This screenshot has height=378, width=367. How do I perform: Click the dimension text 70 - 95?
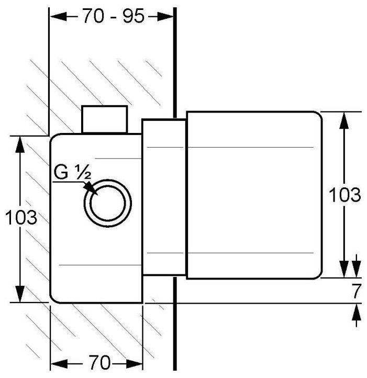pos(113,16)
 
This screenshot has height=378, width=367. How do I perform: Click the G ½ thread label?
pos(72,172)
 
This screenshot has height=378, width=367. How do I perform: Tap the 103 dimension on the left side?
pos(21,217)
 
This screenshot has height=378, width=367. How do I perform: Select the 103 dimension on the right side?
pos(345,195)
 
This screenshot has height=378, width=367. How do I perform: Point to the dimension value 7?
pos(357,291)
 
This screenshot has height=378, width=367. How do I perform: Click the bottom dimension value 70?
pos(99,362)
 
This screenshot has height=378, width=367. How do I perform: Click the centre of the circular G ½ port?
pos(108,203)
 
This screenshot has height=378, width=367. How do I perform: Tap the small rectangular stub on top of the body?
pos(104,119)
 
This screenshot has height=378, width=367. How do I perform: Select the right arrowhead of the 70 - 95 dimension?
pos(165,16)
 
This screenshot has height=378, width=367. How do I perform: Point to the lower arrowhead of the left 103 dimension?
pos(20,294)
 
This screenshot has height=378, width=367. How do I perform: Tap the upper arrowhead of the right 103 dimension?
pos(345,120)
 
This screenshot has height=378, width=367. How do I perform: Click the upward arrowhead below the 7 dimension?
pos(357,312)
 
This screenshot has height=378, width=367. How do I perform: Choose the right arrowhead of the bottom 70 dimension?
pos(134,363)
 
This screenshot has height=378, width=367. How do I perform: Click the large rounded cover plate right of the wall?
pos(254,195)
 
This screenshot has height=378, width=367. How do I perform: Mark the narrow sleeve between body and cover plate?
pos(164,197)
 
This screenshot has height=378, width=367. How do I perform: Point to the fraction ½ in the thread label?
pos(84,172)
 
